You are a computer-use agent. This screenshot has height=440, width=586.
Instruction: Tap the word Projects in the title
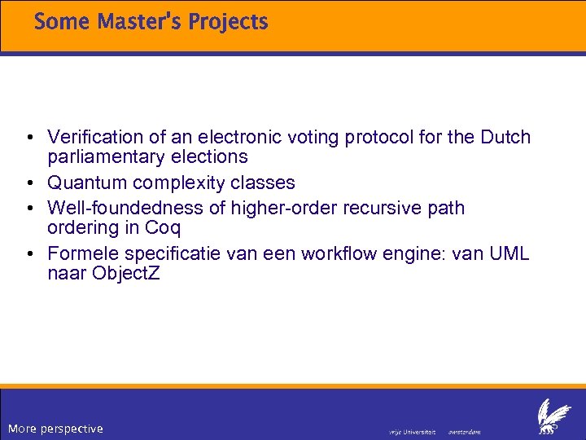[x=228, y=22]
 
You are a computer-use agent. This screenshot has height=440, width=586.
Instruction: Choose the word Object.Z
[x=126, y=272]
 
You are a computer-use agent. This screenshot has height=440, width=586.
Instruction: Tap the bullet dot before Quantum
[x=29, y=183]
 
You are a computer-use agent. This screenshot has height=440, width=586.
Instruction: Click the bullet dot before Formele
[x=29, y=254]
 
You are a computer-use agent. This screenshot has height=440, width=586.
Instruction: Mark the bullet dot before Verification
[x=29, y=138]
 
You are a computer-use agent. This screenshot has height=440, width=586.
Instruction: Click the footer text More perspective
[x=55, y=429]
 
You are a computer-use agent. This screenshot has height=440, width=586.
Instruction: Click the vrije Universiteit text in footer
[x=413, y=431]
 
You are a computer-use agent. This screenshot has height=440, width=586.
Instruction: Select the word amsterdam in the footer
[x=465, y=431]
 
